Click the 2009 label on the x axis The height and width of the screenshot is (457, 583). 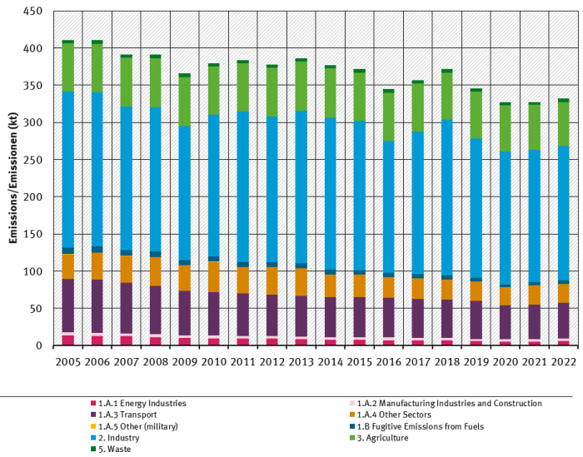[x=184, y=364]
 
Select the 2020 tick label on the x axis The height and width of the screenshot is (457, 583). [x=505, y=364]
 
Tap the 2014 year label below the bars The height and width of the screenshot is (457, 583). [x=330, y=364]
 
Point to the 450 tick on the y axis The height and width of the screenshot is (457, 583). [x=33, y=12]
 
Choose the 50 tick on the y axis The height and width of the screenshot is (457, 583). [x=37, y=309]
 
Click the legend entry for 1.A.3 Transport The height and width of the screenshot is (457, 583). [x=128, y=415]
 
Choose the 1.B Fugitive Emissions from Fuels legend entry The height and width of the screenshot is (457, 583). [x=413, y=425]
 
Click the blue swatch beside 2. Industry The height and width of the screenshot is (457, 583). [x=93, y=437]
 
